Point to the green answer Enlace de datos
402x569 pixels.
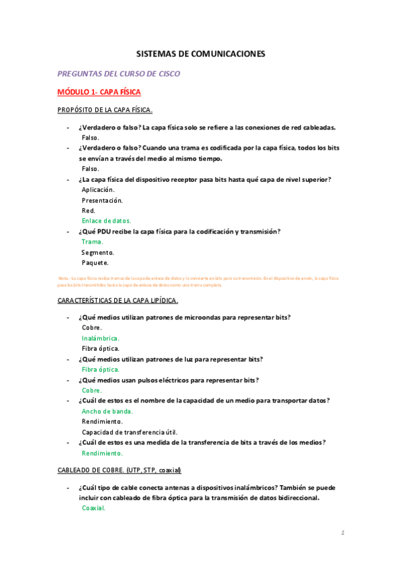click(x=106, y=220)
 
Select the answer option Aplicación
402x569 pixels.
click(x=98, y=190)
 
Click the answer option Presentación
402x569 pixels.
click(x=102, y=200)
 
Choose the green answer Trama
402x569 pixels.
click(x=92, y=242)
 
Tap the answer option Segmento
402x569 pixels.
click(x=97, y=252)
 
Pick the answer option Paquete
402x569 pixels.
click(x=95, y=262)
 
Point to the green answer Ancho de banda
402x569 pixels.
click(x=107, y=411)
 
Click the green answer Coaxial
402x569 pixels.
click(x=93, y=509)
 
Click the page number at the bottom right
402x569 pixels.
click(x=342, y=533)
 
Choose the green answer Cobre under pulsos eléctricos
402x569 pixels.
click(x=91, y=391)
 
